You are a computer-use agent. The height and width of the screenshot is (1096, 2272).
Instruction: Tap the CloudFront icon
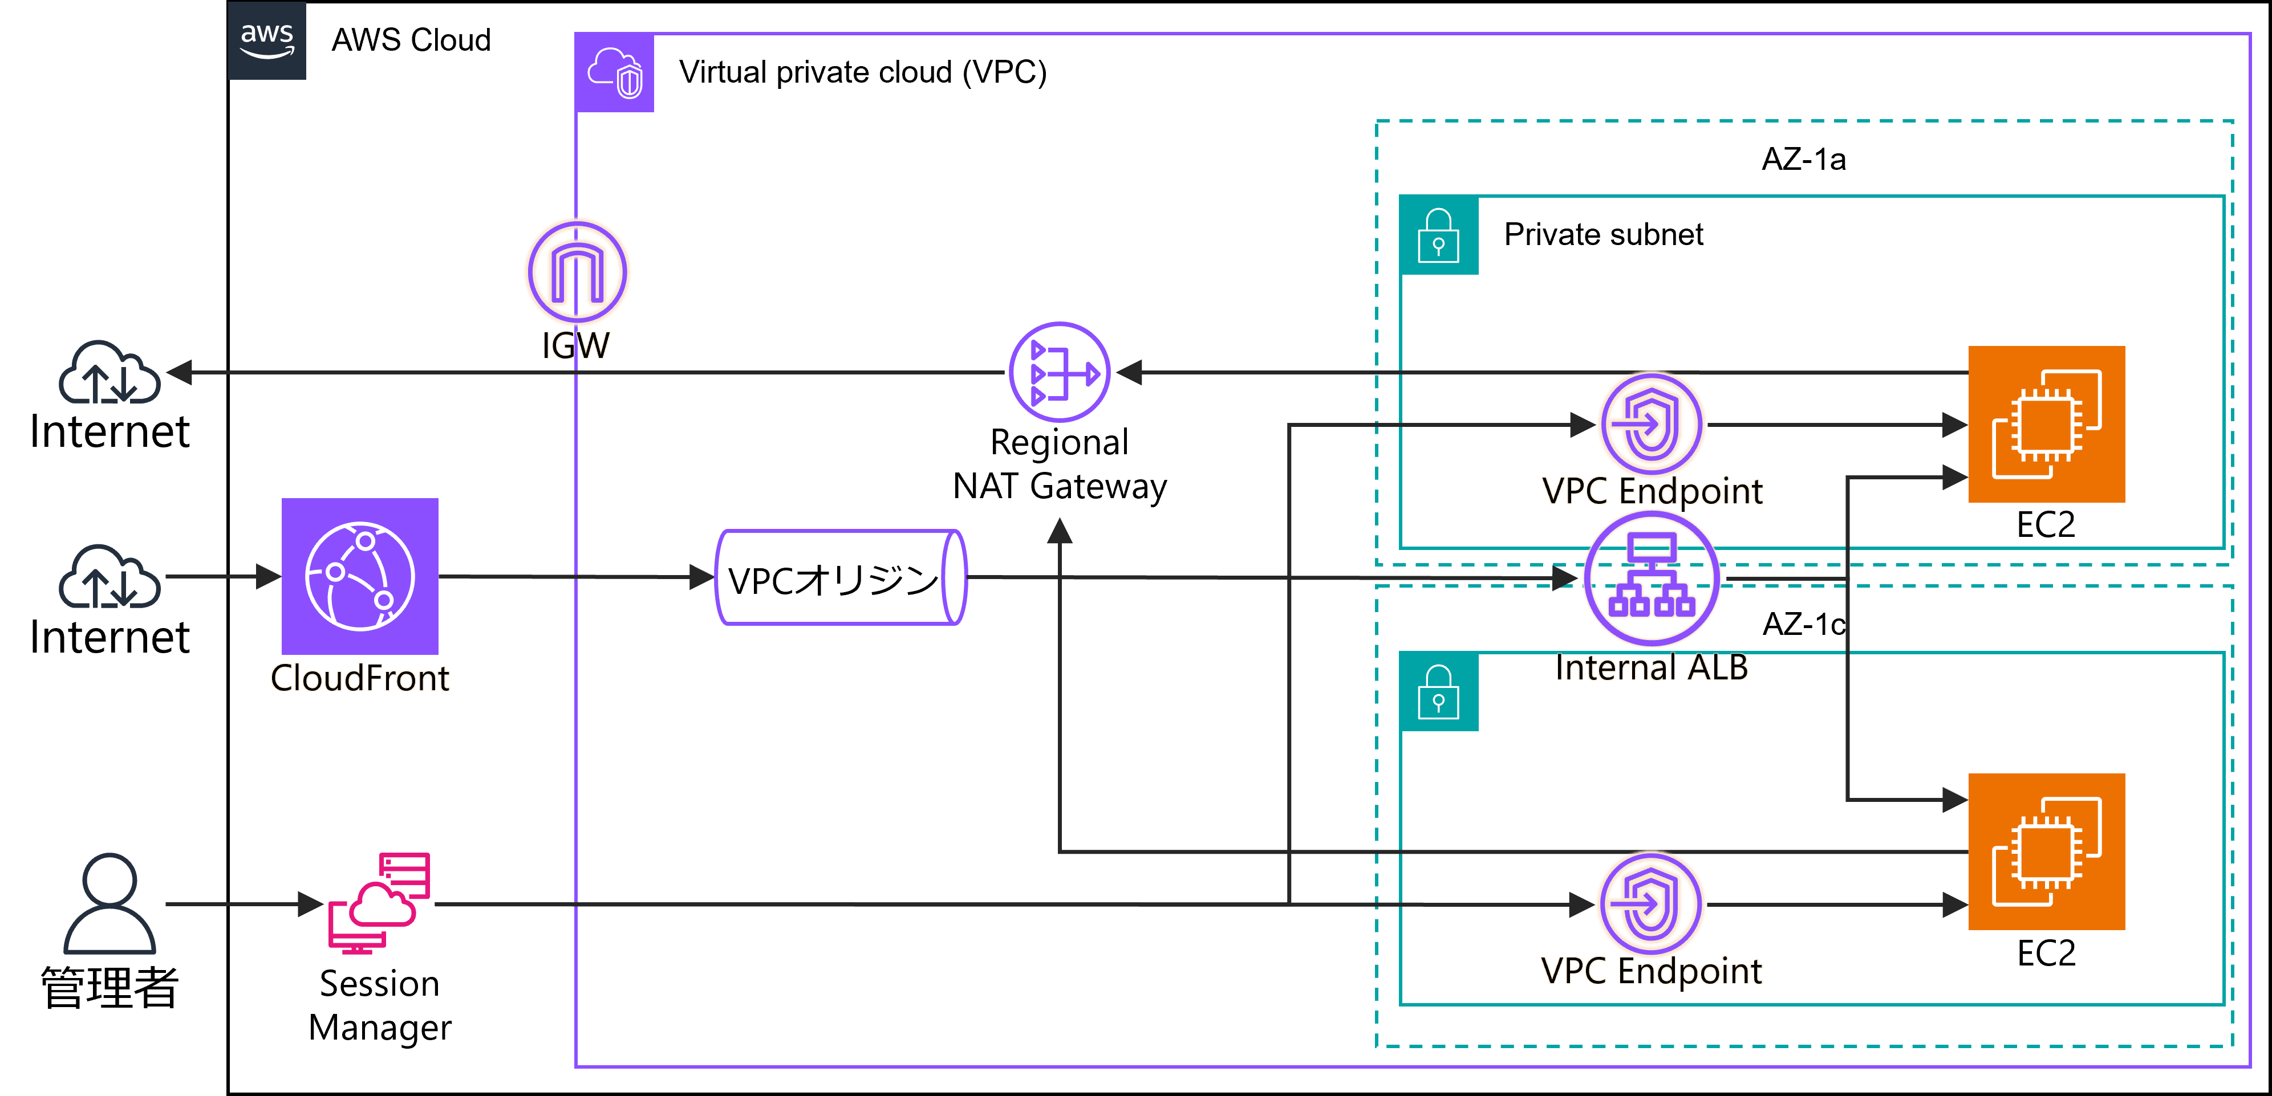pos(360,576)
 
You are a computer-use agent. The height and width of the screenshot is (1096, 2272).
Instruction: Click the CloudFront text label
pos(360,678)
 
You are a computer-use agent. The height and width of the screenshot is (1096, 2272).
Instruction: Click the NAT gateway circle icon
pos(1059,372)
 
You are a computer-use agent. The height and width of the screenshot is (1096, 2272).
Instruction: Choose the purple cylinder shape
pos(841,577)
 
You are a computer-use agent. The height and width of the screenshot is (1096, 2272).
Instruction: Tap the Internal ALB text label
pos(1651,667)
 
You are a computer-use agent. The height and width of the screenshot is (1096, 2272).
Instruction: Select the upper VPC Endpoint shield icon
pos(1651,424)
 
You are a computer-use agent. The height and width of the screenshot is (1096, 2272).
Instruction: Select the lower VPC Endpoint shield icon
pos(1651,904)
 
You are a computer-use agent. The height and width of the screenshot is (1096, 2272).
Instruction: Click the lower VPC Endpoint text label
pos(1651,971)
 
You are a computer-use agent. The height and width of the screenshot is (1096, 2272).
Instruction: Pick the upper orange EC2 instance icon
pos(2046,424)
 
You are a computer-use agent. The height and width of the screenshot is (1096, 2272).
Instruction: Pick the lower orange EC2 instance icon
pos(2046,851)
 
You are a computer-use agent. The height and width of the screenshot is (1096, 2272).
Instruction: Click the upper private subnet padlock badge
pos(1438,235)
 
